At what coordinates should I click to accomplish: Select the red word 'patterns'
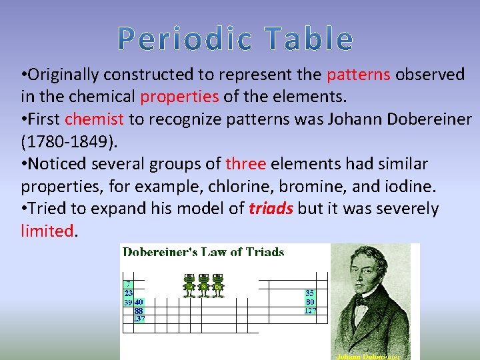coord(359,75)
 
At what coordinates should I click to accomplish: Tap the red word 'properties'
coord(179,97)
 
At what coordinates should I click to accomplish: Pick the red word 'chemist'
coord(95,119)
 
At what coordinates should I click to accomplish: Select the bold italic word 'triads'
coord(271,209)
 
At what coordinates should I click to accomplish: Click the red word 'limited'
coord(47,231)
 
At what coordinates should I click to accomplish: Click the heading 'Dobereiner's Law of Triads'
coord(203,252)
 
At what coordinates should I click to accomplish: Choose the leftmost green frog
coord(189,285)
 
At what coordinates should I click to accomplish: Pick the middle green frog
coord(203,285)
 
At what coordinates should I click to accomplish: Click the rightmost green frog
coord(217,285)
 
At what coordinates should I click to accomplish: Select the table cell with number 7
coord(127,284)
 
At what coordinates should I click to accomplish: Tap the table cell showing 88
coord(139,310)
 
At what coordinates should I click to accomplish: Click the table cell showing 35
coord(309,293)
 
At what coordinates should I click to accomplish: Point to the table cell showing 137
coord(139,319)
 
